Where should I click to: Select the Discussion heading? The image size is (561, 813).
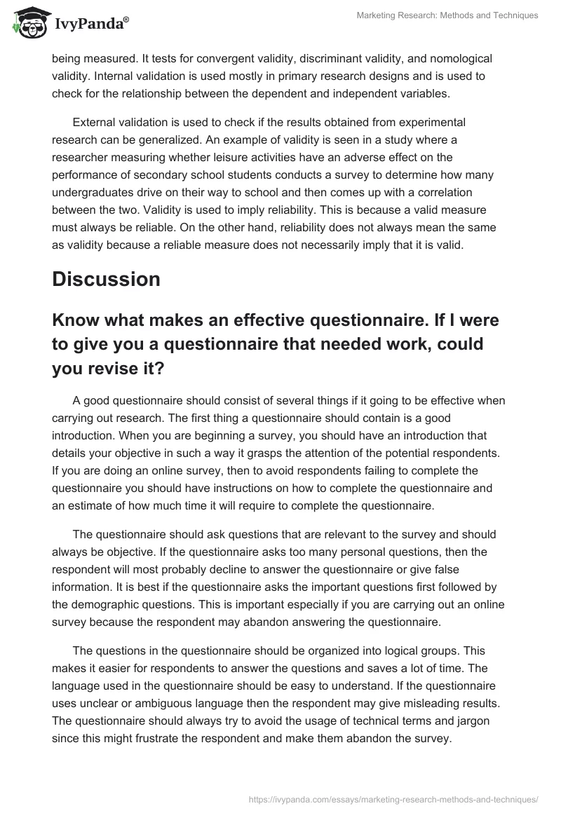pyautogui.click(x=106, y=278)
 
